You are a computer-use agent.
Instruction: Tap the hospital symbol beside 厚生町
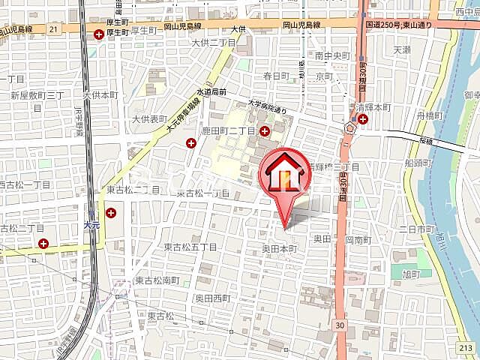click(100, 34)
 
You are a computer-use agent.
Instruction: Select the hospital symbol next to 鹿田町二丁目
click(264, 130)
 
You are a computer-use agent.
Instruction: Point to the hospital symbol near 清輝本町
click(363, 118)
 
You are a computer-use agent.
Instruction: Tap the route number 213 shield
click(465, 347)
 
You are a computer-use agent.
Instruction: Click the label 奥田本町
click(279, 247)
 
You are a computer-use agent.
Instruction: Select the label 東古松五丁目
click(190, 247)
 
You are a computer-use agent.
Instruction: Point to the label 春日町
click(276, 76)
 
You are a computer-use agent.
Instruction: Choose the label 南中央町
click(333, 55)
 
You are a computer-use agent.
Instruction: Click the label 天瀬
click(402, 50)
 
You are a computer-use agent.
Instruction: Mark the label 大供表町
click(149, 118)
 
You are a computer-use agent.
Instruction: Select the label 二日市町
click(419, 228)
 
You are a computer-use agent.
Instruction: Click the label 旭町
click(411, 274)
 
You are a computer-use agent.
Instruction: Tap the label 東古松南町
click(157, 280)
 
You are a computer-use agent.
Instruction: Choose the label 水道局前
click(211, 91)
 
